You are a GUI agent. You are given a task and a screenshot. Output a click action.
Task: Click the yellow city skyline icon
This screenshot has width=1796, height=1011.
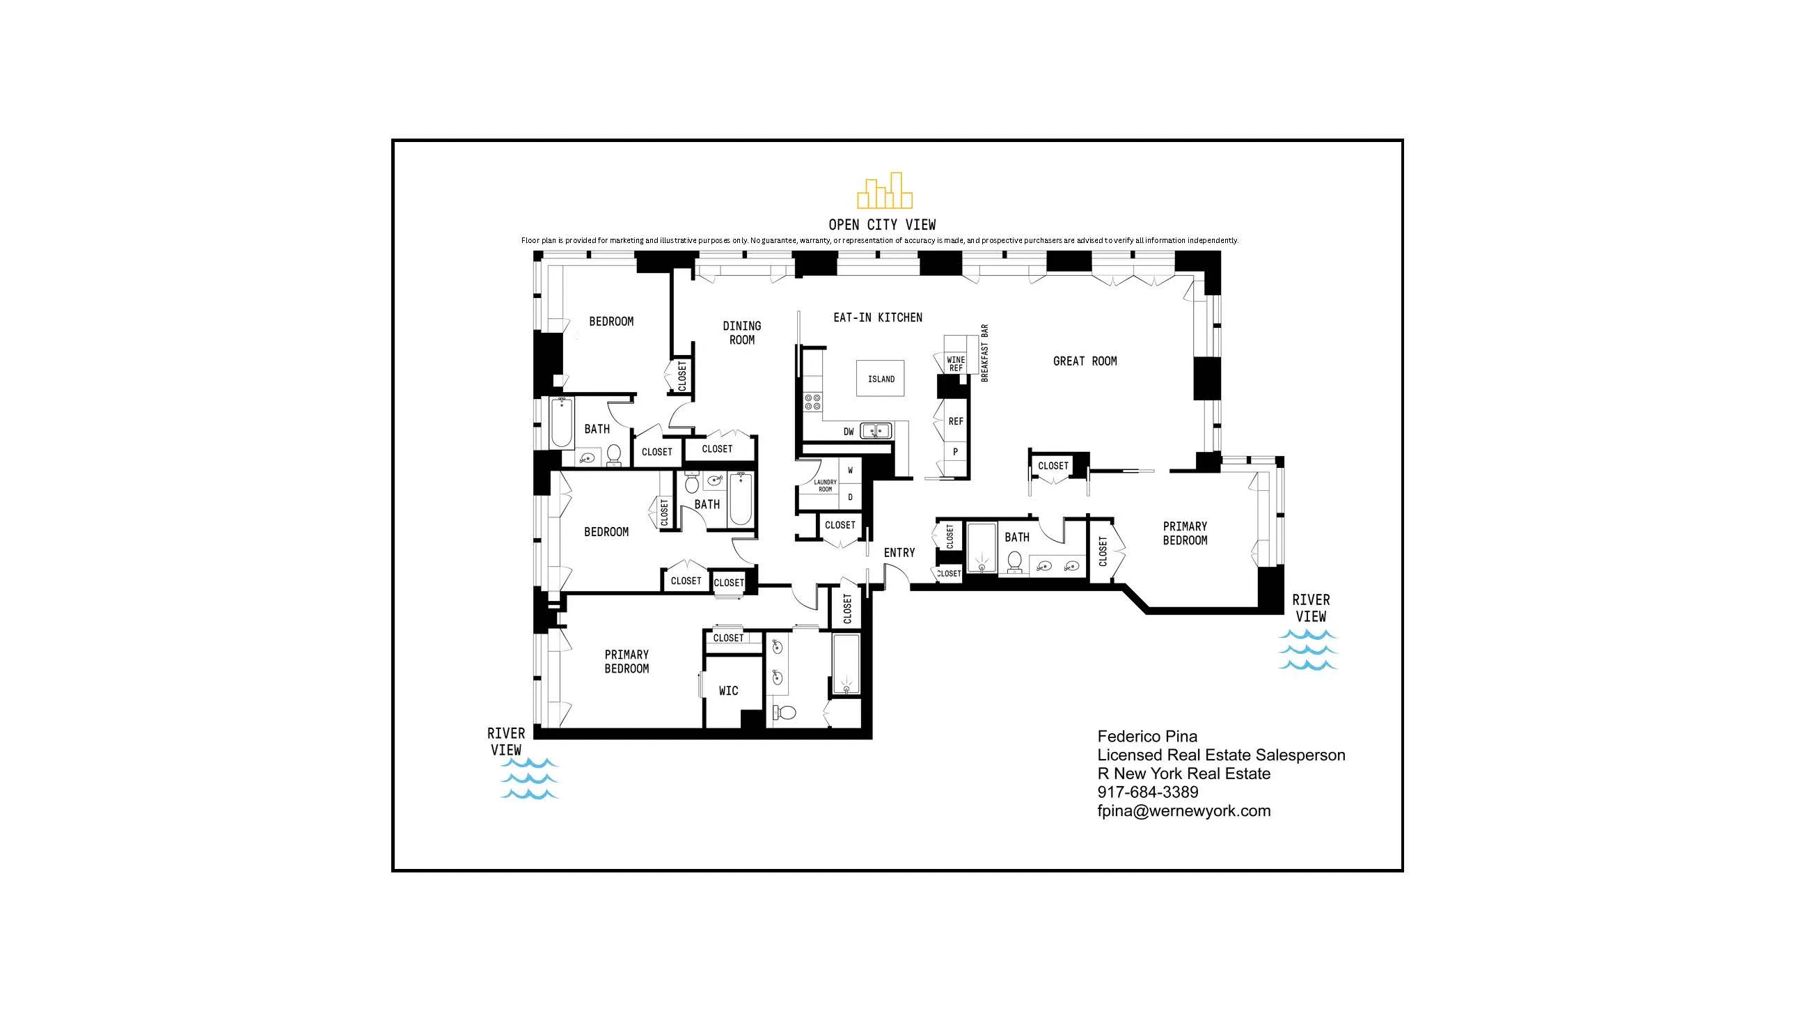tap(884, 191)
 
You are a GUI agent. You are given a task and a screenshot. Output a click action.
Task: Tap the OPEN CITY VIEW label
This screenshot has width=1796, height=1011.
tap(882, 224)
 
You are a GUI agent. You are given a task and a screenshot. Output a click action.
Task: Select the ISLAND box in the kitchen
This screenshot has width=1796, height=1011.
tap(881, 379)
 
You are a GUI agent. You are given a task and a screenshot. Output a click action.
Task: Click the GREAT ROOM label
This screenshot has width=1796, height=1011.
tap(1084, 361)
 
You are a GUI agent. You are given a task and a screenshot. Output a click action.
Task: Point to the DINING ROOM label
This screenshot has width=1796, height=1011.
tap(741, 333)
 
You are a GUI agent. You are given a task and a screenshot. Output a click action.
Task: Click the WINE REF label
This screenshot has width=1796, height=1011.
tap(956, 364)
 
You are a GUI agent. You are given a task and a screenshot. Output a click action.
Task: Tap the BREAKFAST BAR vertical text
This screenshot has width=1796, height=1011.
tap(984, 353)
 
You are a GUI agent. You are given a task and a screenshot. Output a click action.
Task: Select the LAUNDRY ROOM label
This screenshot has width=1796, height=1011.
tap(825, 485)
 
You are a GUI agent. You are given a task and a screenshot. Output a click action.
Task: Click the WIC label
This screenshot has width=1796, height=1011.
tap(728, 690)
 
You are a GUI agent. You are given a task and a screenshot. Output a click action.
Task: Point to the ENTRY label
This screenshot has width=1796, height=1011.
tap(899, 552)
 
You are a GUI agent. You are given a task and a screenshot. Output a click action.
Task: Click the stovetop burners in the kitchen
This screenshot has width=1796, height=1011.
tap(812, 401)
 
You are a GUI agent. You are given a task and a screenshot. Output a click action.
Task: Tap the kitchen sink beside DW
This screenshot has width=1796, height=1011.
tap(876, 431)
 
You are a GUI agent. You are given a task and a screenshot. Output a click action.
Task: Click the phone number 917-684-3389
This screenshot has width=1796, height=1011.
tap(1148, 792)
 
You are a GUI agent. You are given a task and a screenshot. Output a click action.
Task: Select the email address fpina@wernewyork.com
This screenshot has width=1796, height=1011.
tap(1183, 811)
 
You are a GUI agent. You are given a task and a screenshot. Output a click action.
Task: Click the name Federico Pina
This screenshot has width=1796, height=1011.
tap(1147, 736)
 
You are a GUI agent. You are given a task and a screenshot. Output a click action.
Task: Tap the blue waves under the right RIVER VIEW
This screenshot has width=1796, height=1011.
tap(1307, 650)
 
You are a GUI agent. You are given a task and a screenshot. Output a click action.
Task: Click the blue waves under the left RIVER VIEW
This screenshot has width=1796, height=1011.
tap(529, 778)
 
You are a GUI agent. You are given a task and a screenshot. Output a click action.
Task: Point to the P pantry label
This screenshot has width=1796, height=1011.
tap(955, 452)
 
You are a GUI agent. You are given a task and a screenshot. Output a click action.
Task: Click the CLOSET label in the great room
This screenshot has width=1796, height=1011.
tap(1053, 466)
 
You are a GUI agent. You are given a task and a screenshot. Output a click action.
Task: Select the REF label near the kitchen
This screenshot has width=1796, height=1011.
tap(956, 421)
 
